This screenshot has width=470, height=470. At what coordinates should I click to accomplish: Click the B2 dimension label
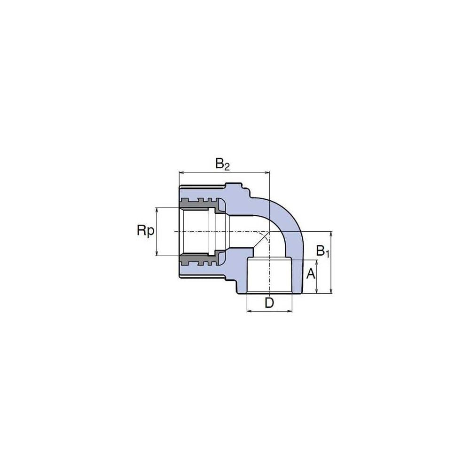click(222, 164)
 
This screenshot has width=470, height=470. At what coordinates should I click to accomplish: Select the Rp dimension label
click(146, 231)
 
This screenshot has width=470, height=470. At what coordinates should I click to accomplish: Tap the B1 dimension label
click(323, 251)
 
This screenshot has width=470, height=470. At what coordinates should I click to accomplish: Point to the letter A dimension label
click(311, 274)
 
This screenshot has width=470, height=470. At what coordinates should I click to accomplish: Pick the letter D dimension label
click(269, 303)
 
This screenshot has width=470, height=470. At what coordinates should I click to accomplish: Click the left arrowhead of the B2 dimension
click(181, 172)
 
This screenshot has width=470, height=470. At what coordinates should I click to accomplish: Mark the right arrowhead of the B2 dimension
click(267, 172)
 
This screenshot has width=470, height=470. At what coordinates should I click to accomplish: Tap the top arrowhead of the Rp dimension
click(157, 210)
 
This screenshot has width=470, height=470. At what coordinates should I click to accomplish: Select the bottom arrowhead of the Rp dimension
click(157, 253)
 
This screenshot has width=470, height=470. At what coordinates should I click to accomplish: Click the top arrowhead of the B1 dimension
click(331, 234)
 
